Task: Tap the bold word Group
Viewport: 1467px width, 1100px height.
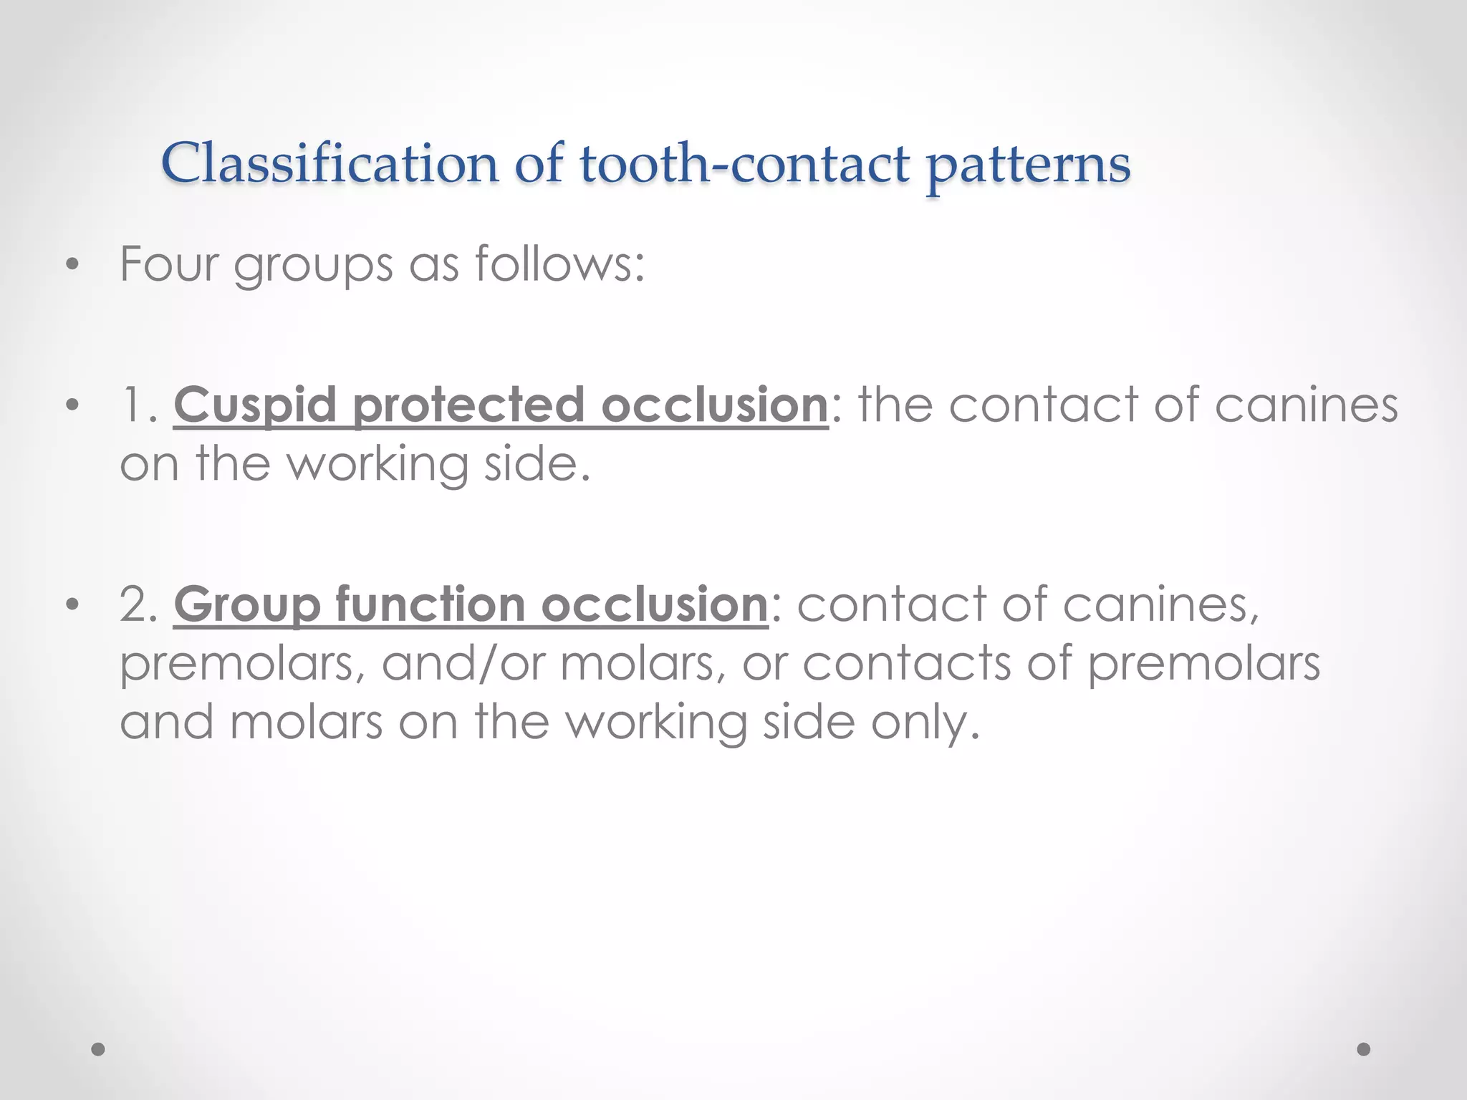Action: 246,605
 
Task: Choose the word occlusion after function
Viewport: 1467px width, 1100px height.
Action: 654,604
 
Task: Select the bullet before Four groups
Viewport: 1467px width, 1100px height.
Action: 71,265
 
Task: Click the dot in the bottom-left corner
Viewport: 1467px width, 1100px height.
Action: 98,1049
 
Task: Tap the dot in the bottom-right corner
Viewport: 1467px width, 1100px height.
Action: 1364,1049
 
